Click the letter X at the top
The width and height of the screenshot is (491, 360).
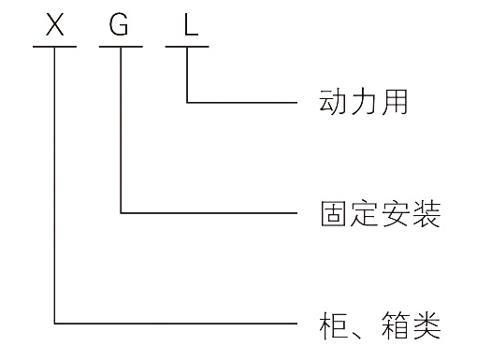click(55, 24)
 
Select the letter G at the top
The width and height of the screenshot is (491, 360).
click(120, 24)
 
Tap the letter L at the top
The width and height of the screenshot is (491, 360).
click(191, 24)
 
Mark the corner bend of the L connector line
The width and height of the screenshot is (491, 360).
click(187, 101)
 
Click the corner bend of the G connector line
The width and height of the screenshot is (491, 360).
click(122, 213)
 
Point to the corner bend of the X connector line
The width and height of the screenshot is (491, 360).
click(55, 324)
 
